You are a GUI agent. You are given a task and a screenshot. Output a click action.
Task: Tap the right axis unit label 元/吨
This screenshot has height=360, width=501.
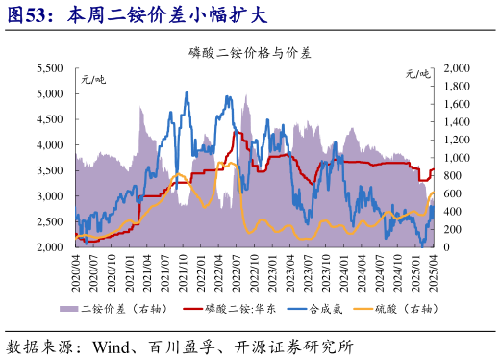419,74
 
